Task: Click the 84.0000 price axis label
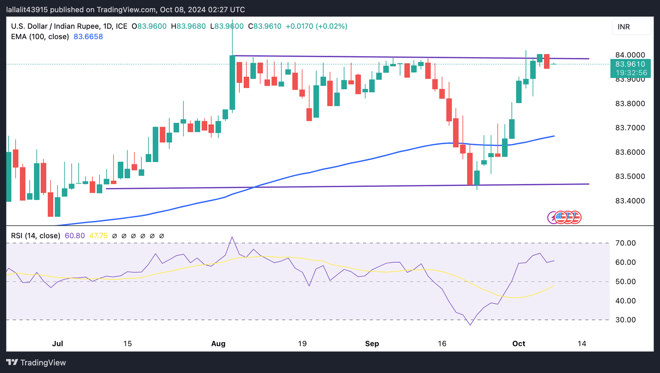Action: click(x=630, y=55)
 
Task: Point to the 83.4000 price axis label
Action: click(x=630, y=201)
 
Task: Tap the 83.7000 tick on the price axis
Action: click(x=630, y=128)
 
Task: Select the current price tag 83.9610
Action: click(x=630, y=64)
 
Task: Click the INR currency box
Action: click(x=631, y=27)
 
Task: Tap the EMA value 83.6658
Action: click(x=88, y=36)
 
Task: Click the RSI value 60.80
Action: click(x=75, y=236)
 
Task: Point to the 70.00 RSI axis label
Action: click(x=625, y=243)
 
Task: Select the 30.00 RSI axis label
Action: click(x=625, y=320)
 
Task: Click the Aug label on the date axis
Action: click(x=218, y=343)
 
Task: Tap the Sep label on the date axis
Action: click(x=372, y=343)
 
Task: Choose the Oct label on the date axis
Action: click(x=519, y=343)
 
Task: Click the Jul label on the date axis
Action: click(x=58, y=343)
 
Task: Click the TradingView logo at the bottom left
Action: click(x=36, y=363)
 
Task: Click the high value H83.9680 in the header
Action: click(x=188, y=26)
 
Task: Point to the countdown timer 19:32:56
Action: click(x=631, y=73)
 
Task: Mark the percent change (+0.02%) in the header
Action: click(x=331, y=26)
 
